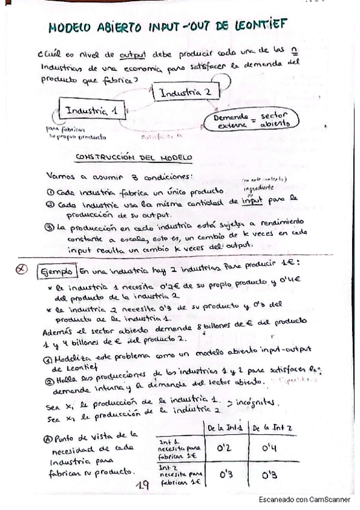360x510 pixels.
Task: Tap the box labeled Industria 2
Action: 185,92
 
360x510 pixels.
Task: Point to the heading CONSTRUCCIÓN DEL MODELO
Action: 133,158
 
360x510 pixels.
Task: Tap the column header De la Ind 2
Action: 272,428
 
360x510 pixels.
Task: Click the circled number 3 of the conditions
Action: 50,227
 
